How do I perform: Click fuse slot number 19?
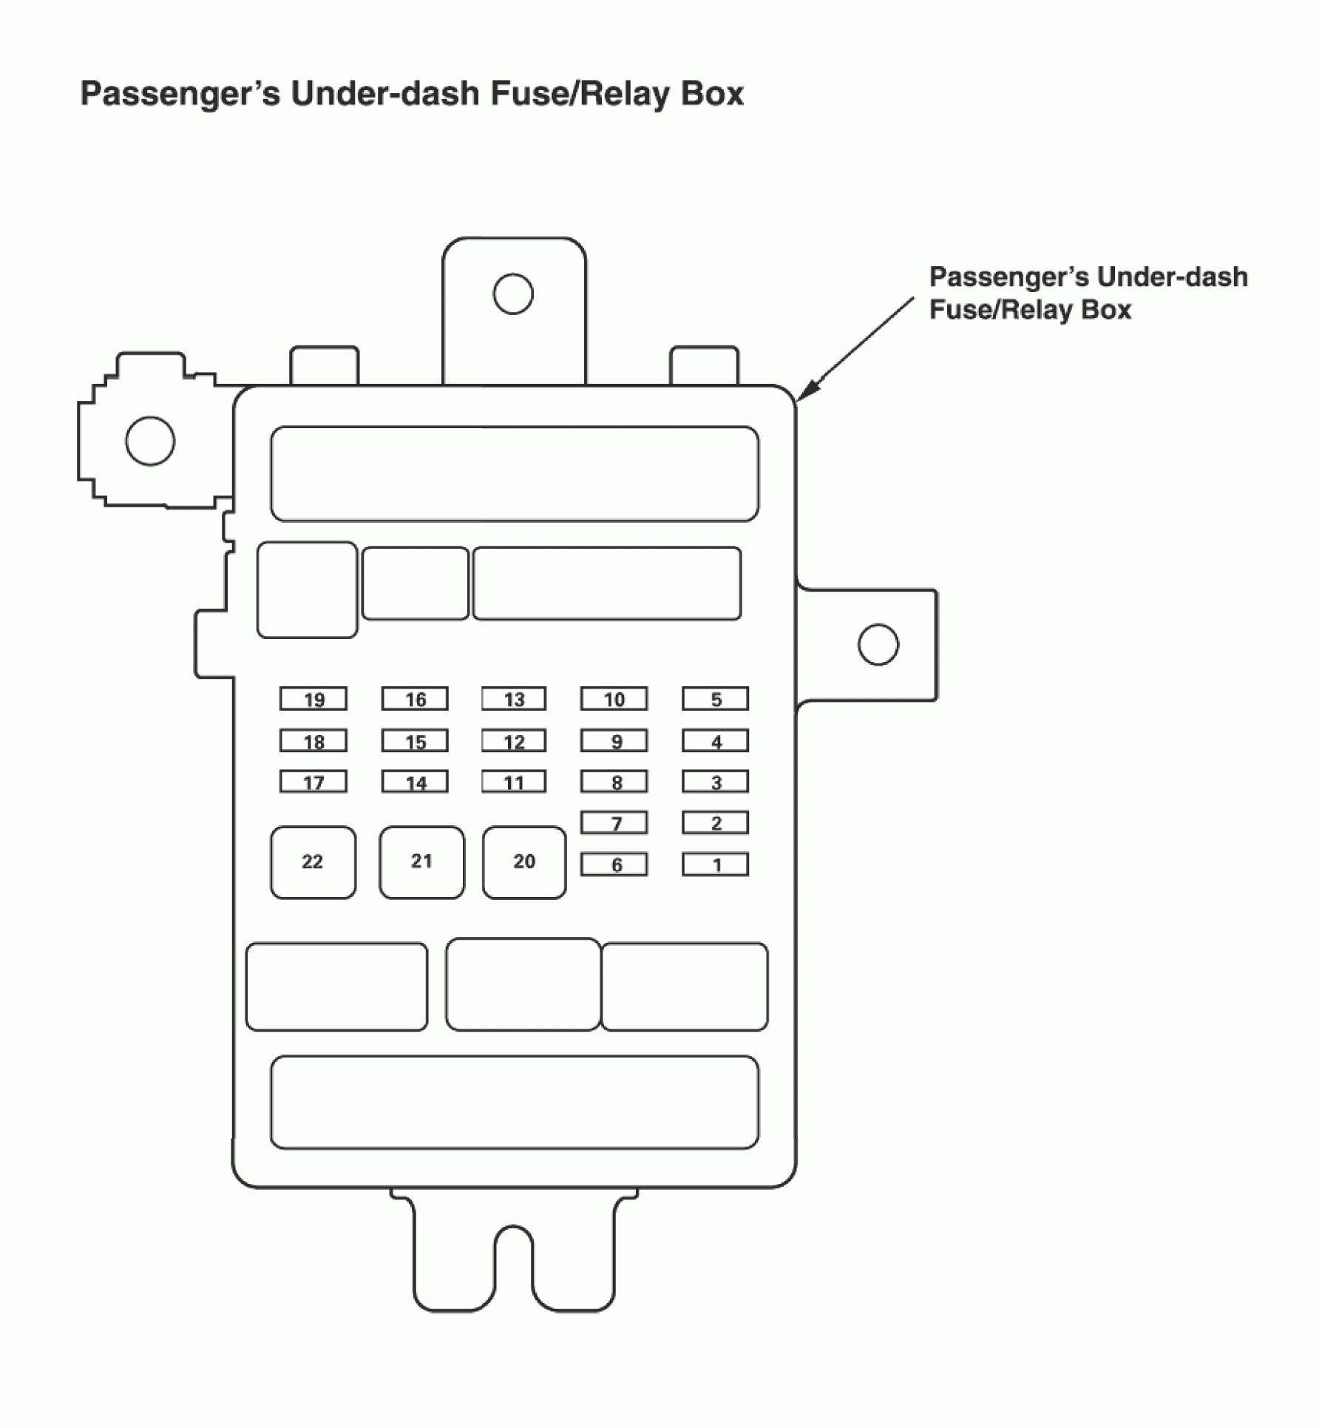pos(313,699)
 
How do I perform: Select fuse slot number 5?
pos(715,699)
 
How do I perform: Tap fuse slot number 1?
pos(715,864)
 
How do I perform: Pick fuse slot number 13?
pos(514,699)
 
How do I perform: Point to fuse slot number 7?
pos(614,822)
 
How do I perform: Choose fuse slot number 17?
pos(313,782)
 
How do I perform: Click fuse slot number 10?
pos(614,699)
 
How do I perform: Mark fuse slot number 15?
pos(415,741)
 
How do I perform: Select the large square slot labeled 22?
pos(313,862)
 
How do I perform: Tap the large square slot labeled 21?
pos(421,862)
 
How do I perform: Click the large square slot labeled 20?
pos(524,862)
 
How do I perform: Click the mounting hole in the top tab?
pos(513,294)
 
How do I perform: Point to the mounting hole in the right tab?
pos(878,644)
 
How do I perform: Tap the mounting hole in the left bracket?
pos(150,441)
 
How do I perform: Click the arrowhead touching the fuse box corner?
pos(808,390)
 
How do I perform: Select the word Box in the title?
pos(712,94)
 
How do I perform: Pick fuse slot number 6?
pos(614,864)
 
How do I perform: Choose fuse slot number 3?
pos(715,782)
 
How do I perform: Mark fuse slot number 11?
pos(514,782)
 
